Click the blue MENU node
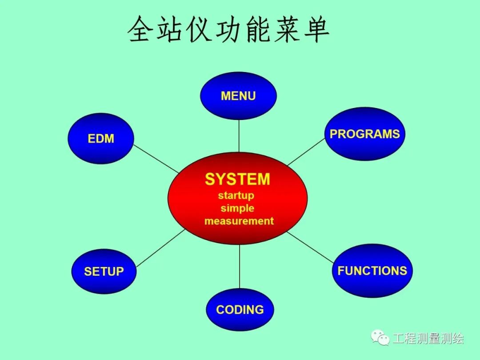coord(238,96)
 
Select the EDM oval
coord(101,139)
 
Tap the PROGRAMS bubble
coord(364,134)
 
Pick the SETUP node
coord(104,271)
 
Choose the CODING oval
coord(240,310)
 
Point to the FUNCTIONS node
coord(372,271)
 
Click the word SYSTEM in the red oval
coord(237,179)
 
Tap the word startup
coord(236,196)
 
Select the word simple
coord(237,208)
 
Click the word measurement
coord(239,221)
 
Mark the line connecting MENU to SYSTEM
coord(239,136)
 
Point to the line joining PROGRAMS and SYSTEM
coord(307,152)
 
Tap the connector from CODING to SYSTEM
coord(240,267)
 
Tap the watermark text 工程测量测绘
coord(428,339)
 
